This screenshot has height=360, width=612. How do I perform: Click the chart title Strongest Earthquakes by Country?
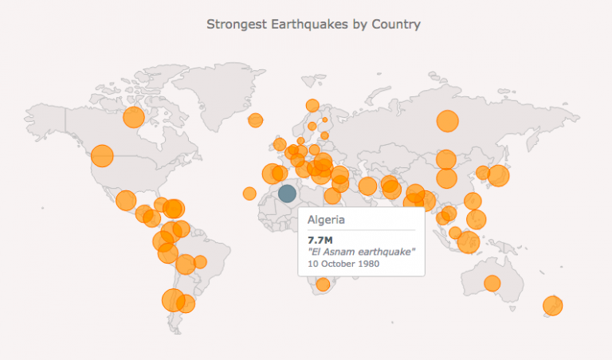(313, 24)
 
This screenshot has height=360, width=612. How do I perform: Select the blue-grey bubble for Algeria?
(287, 193)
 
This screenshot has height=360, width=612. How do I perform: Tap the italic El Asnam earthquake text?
(361, 252)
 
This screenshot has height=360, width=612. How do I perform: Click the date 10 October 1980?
(344, 264)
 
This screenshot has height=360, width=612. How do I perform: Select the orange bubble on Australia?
(492, 283)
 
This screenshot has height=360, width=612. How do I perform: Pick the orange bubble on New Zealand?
(552, 305)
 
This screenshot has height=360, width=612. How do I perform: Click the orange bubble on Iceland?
(255, 120)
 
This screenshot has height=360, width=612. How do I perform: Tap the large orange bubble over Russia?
(448, 122)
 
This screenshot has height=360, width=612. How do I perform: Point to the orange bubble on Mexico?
(126, 200)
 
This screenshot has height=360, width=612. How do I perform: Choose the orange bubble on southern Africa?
(323, 284)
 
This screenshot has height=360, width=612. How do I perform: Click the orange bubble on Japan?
(498, 175)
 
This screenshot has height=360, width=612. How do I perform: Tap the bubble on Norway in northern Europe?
(312, 105)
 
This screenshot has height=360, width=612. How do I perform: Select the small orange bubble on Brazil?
(200, 261)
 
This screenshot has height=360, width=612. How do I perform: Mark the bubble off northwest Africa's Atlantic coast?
(249, 193)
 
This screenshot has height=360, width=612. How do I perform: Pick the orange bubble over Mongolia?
(445, 159)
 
